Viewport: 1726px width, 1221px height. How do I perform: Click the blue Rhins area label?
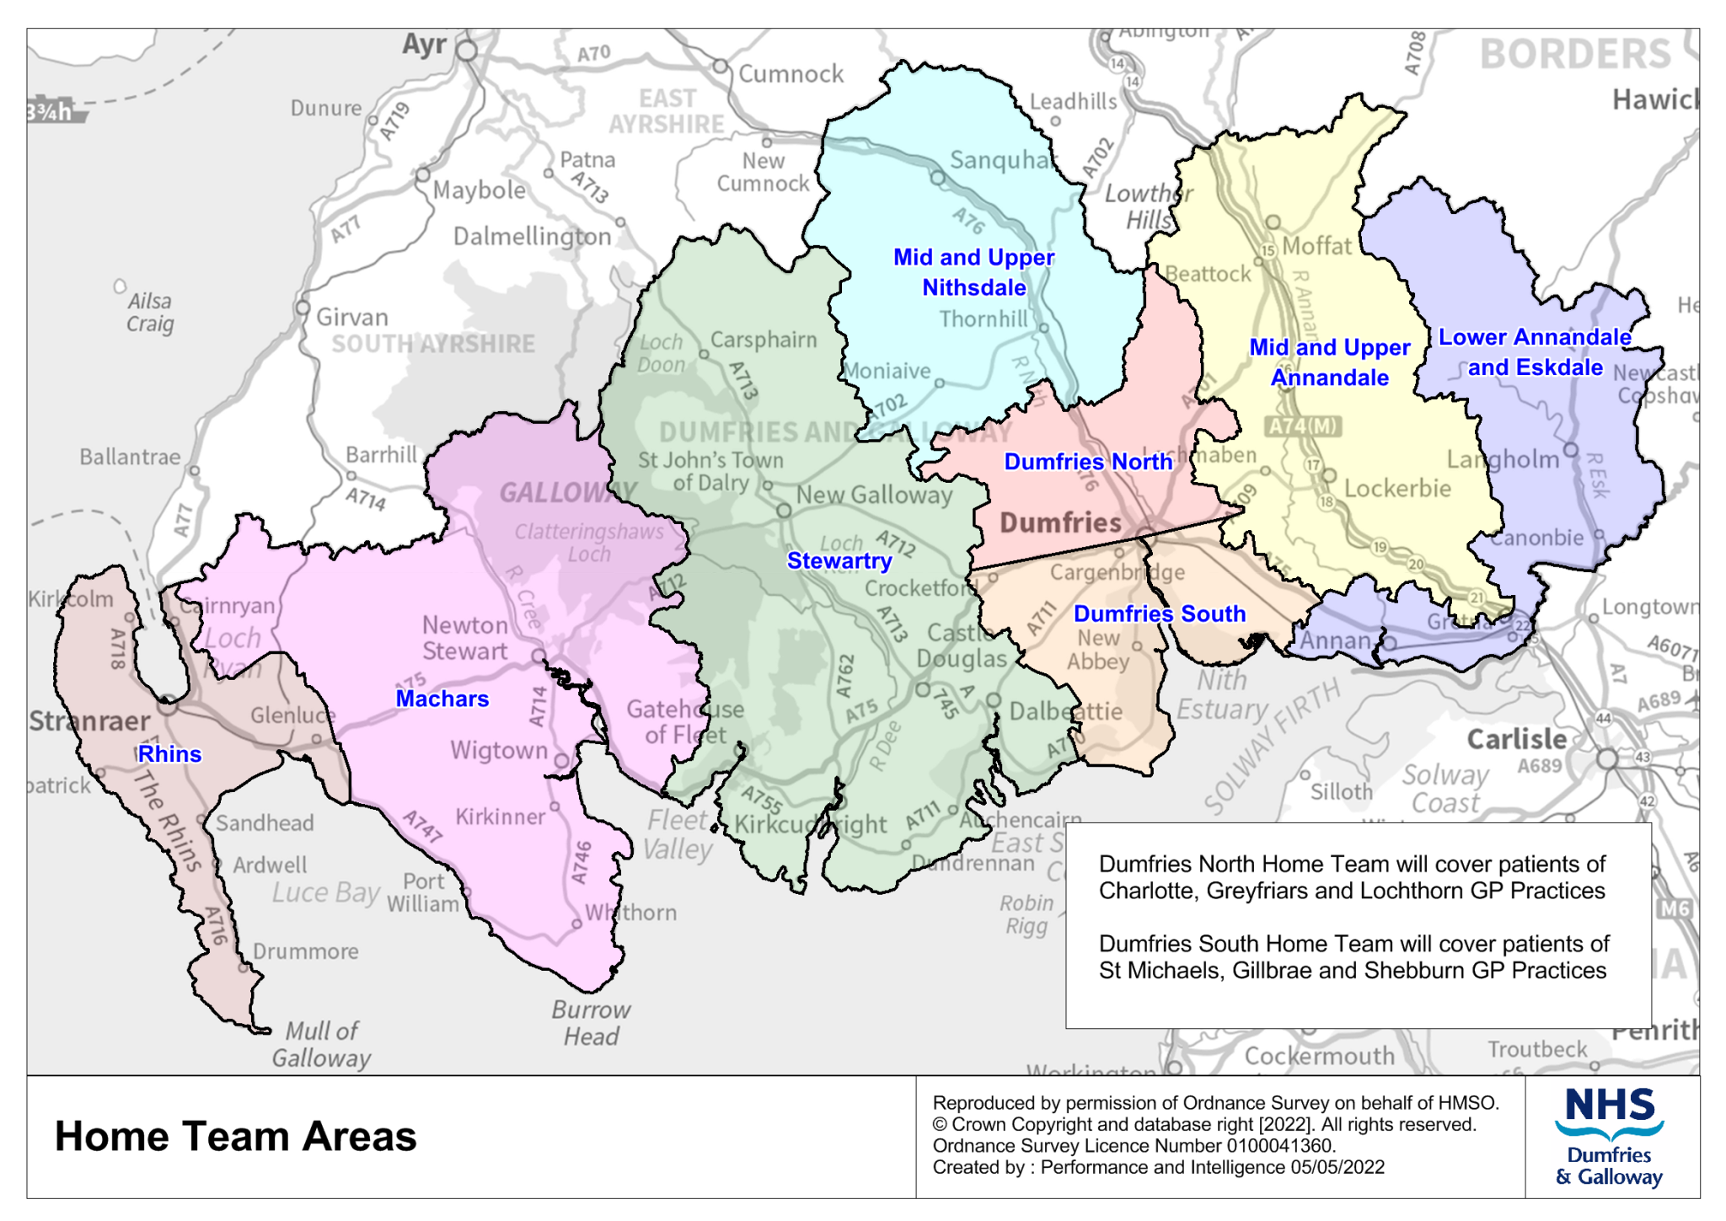(x=169, y=754)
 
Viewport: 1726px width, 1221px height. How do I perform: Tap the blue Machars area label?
(x=442, y=699)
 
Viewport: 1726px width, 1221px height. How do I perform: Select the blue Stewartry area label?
(x=839, y=561)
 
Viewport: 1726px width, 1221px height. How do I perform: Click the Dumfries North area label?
(x=1087, y=462)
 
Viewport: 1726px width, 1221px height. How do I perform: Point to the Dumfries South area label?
(x=1159, y=613)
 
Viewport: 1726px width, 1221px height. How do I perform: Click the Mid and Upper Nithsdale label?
(x=973, y=272)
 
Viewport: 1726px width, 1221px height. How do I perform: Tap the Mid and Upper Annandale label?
(x=1329, y=362)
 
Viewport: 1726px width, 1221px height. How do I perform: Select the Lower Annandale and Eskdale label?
(x=1534, y=352)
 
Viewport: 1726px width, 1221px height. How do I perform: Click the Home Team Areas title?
(x=235, y=1136)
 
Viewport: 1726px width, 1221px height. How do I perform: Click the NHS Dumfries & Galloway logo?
(x=1609, y=1137)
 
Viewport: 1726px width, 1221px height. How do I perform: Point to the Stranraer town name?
(x=89, y=721)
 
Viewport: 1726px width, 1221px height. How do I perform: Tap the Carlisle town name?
(x=1516, y=739)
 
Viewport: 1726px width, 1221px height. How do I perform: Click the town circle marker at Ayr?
(x=467, y=51)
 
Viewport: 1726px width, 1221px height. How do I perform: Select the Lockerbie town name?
(x=1396, y=489)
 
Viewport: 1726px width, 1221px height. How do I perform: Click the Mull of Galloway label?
(x=321, y=1044)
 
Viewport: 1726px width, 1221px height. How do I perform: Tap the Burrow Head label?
(x=591, y=1023)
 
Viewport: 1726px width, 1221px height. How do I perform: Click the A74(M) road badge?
(x=1303, y=426)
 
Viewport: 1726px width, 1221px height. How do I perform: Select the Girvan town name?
(x=351, y=318)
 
